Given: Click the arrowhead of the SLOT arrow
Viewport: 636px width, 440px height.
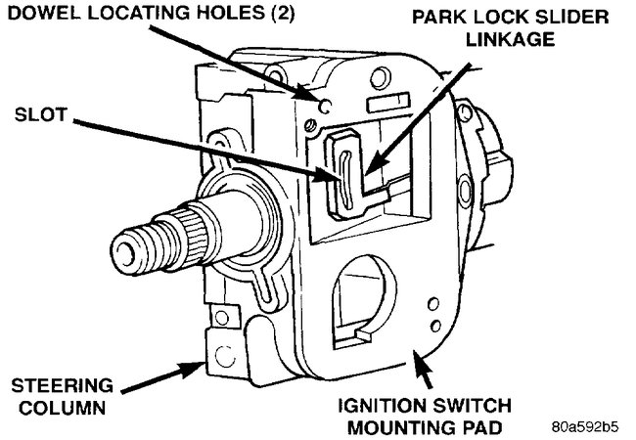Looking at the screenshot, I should [336, 175].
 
